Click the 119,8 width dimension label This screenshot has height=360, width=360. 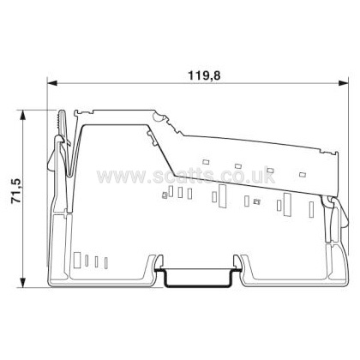(204, 75)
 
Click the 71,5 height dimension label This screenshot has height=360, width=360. (16, 191)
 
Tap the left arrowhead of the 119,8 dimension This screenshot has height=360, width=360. (52, 83)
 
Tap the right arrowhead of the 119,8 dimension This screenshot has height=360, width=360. (343, 83)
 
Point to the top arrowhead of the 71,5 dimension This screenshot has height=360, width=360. (22, 115)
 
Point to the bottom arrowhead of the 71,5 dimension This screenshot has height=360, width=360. (22, 282)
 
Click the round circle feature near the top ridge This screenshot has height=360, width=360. (158, 117)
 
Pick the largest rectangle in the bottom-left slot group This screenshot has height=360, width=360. (77, 260)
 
